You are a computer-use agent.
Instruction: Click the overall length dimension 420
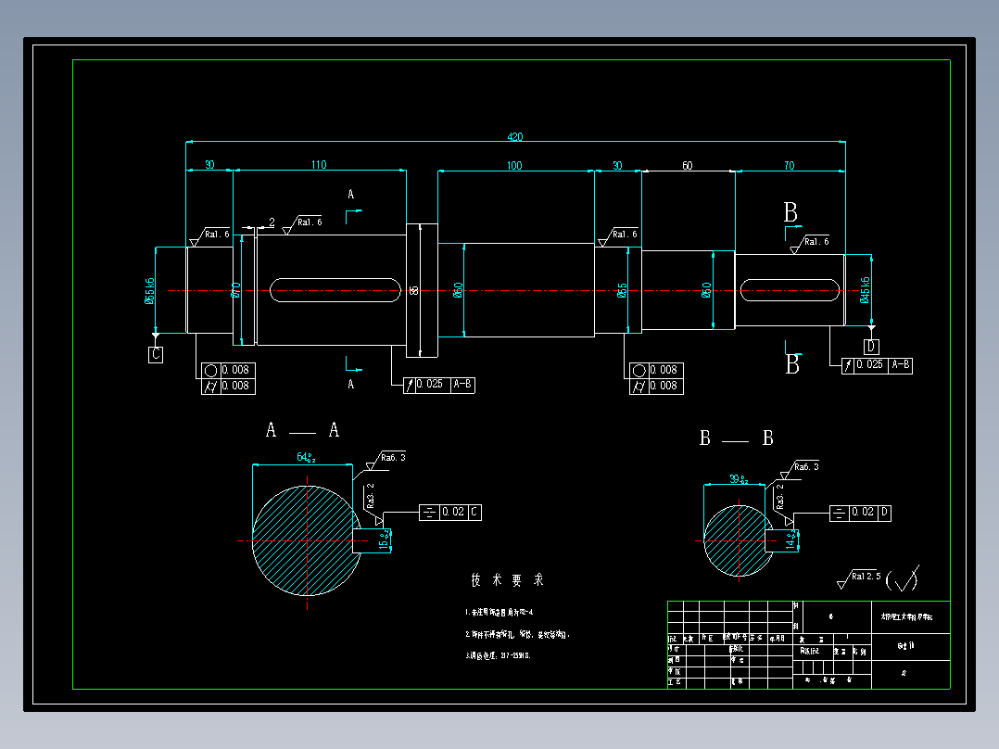[x=514, y=137]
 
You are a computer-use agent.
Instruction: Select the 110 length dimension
[x=318, y=165]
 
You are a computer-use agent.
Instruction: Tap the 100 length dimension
[x=514, y=166]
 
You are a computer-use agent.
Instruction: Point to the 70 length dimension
[x=789, y=166]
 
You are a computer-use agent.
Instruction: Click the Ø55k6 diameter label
[x=150, y=290]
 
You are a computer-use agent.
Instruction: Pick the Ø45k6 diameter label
[x=866, y=290]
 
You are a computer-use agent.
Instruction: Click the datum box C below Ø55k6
[x=156, y=354]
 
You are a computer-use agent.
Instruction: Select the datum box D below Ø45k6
[x=871, y=347]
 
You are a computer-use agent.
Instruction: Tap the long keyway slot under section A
[x=335, y=290]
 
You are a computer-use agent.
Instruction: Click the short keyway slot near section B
[x=790, y=290]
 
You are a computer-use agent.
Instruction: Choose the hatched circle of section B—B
[x=738, y=540]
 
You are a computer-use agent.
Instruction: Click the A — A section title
[x=302, y=430]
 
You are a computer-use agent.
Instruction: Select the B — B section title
[x=736, y=438]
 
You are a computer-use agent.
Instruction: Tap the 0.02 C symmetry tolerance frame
[x=450, y=512]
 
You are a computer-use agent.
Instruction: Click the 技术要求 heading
[x=507, y=580]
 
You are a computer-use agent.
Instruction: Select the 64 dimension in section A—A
[x=305, y=457]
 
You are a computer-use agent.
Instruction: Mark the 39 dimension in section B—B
[x=738, y=478]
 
